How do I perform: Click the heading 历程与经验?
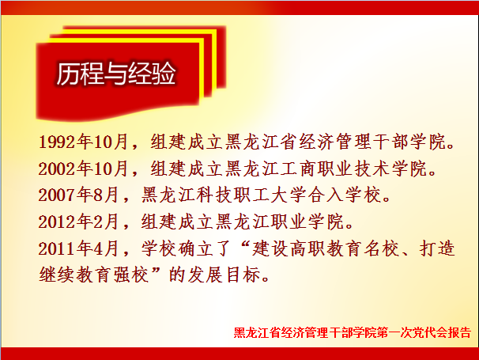[x=116, y=74]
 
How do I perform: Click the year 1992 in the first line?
[x=58, y=142]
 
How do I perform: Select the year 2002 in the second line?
[x=58, y=169]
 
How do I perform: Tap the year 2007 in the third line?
[x=58, y=195]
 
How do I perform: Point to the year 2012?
[x=58, y=222]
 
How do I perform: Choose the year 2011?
[x=58, y=248]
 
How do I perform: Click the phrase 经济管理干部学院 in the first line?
[x=372, y=142]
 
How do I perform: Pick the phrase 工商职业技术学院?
[x=354, y=169]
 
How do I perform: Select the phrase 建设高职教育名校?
[x=326, y=248]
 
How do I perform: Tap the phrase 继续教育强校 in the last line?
[x=94, y=275]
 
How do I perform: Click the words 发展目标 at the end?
[x=224, y=275]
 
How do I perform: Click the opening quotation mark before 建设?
[x=244, y=244]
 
